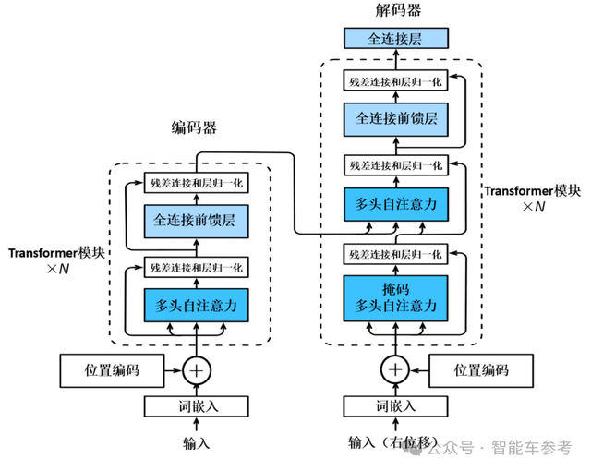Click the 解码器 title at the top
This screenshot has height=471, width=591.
pyautogui.click(x=395, y=11)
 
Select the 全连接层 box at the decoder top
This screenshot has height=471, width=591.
pyautogui.click(x=395, y=39)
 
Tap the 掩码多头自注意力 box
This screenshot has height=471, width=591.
pyautogui.click(x=395, y=297)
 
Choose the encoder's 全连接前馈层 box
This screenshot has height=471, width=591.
pyautogui.click(x=196, y=222)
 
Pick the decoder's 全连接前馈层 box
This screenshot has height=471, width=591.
pyautogui.click(x=395, y=119)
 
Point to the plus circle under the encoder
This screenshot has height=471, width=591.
pyautogui.click(x=196, y=370)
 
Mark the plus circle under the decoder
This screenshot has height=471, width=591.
pyautogui.click(x=395, y=370)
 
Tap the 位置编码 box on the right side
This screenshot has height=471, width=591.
pyautogui.click(x=481, y=371)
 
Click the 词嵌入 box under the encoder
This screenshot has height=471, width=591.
pyautogui.click(x=196, y=405)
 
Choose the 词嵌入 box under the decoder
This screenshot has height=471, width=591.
pyautogui.click(x=395, y=405)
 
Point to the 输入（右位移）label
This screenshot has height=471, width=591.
pyautogui.click(x=395, y=443)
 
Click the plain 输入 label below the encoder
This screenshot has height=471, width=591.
pyautogui.click(x=196, y=443)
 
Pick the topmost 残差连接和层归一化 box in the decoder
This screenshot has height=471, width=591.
pyautogui.click(x=395, y=81)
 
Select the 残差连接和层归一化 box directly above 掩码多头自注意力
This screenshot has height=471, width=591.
pyautogui.click(x=395, y=252)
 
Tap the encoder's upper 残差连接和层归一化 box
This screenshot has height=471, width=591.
pyautogui.click(x=196, y=183)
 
